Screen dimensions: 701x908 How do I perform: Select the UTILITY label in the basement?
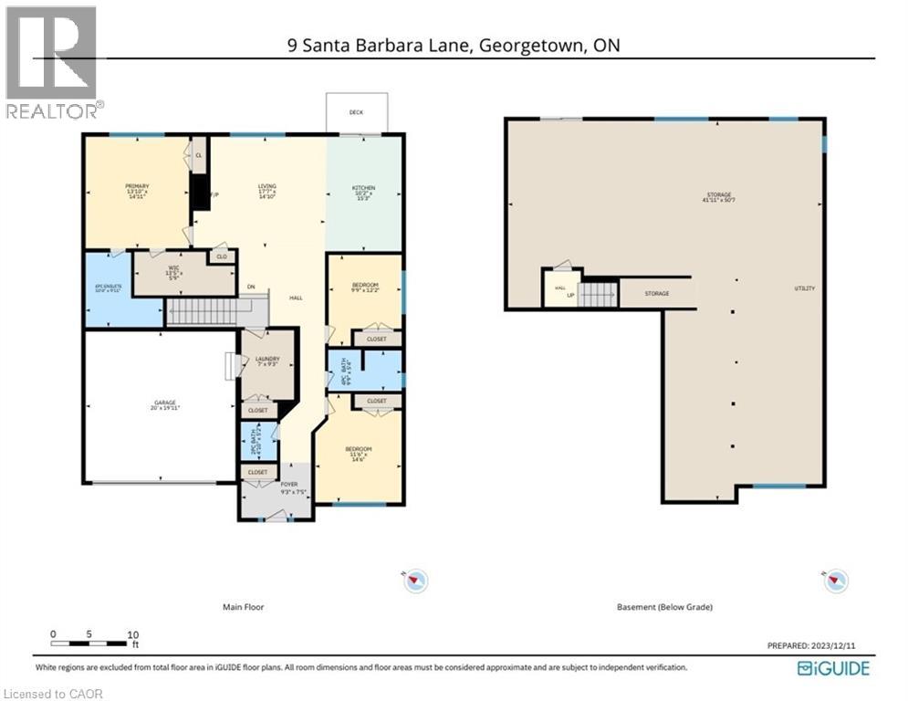coord(804,288)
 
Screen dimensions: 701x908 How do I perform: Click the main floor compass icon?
coord(416,580)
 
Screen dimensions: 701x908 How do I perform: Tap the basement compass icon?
coord(836,580)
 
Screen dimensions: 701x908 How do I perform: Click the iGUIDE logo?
coord(833,668)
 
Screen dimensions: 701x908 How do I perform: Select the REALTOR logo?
coord(52,62)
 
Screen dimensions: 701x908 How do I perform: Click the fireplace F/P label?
coord(214,195)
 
